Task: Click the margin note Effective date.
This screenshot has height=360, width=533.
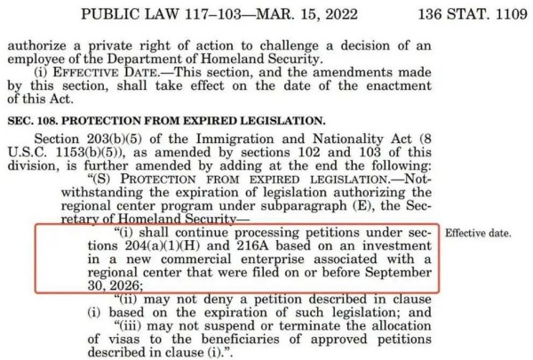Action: coord(478,234)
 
